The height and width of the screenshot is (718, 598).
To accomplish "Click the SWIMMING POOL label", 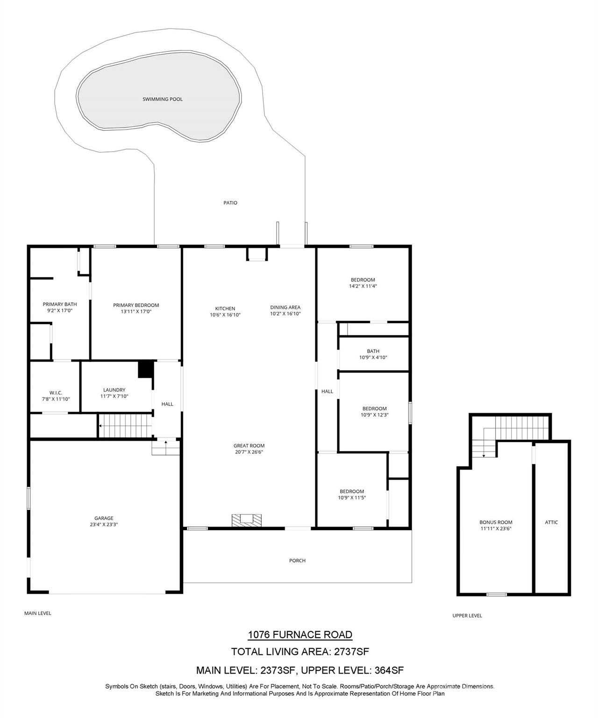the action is tap(162, 99).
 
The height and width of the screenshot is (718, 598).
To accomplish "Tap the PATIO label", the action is tap(230, 203).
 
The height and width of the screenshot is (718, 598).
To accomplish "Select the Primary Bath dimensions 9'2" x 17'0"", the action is tap(60, 310).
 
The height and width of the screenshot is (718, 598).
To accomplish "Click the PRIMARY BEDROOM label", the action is tap(136, 305).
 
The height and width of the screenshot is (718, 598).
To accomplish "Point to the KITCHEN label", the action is tap(225, 309).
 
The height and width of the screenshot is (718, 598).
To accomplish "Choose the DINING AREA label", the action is tap(285, 308).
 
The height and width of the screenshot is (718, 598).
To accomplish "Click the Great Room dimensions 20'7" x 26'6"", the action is tap(249, 452).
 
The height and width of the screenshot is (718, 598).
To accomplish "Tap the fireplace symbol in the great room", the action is tap(247, 520).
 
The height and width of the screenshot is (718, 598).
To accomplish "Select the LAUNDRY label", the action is tap(114, 390).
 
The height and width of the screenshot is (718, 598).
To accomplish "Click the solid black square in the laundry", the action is tap(146, 369).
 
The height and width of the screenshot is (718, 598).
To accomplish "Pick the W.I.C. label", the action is tap(56, 393).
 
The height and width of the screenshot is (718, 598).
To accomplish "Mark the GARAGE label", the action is tap(104, 518).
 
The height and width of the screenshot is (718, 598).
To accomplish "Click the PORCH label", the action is tap(297, 560).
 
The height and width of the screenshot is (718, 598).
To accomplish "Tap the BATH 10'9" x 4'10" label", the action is tap(373, 354).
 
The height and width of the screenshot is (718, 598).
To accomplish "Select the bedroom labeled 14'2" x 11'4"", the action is tap(363, 283).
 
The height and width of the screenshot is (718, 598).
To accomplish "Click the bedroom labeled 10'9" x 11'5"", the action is tap(352, 495).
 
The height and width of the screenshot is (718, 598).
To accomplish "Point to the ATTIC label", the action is tap(551, 522).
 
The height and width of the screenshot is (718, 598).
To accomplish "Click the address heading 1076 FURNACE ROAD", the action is tap(299, 635).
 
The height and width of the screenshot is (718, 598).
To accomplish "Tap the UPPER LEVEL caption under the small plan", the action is tap(467, 616).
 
